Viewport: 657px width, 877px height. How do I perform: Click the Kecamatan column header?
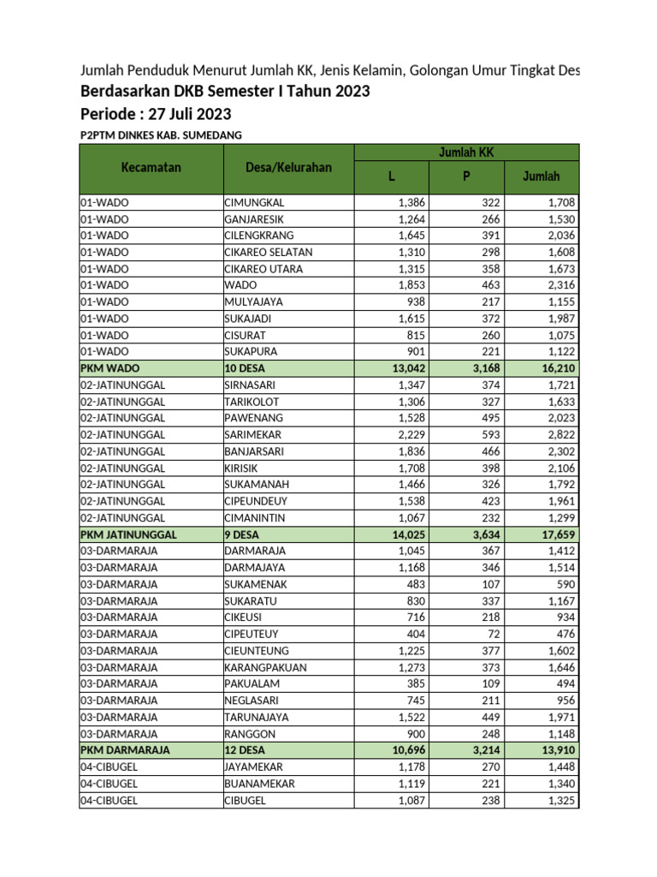click(x=151, y=168)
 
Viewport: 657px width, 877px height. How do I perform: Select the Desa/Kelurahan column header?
click(x=288, y=168)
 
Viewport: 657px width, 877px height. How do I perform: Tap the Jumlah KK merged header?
click(x=466, y=152)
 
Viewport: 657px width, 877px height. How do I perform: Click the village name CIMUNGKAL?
click(x=254, y=203)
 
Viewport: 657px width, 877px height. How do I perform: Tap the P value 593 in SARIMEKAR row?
click(x=492, y=434)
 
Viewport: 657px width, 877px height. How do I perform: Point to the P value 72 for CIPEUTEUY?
click(x=495, y=634)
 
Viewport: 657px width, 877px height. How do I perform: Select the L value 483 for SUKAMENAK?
click(x=413, y=583)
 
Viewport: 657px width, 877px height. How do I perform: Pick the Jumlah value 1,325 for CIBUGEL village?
click(x=556, y=800)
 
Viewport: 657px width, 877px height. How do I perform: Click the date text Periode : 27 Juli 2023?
click(x=156, y=114)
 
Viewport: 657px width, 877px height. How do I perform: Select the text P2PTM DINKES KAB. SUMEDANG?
click(x=161, y=135)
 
